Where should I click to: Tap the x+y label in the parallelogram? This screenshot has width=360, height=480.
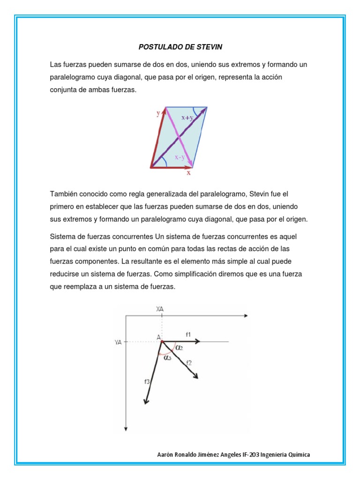tap(187, 118)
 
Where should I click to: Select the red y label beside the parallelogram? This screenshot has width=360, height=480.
tap(158, 113)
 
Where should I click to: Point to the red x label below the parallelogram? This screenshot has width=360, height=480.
tap(188, 172)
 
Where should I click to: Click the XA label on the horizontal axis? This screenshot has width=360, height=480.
tap(162, 308)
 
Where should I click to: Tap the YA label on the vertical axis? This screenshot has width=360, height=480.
tap(119, 343)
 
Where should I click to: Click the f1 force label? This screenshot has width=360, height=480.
tap(187, 334)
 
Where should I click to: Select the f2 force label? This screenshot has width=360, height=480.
tap(188, 362)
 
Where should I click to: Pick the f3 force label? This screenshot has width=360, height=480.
tap(147, 382)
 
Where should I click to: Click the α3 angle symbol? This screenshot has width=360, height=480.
tap(168, 357)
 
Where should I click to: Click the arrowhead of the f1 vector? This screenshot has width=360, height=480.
tap(199, 342)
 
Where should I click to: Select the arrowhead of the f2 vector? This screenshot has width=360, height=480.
tap(196, 376)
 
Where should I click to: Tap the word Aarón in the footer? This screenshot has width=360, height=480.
tap(164, 455)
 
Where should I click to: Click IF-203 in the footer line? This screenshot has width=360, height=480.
tap(250, 455)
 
